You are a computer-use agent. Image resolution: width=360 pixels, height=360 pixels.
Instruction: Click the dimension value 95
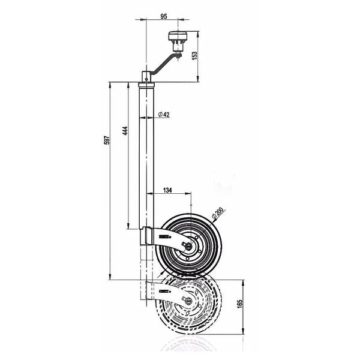coord(164,17)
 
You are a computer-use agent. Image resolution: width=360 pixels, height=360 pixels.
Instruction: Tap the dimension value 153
coord(194,56)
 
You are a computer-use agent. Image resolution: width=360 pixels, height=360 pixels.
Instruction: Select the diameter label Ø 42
coord(164,115)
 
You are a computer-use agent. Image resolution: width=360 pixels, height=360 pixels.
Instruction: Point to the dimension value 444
coord(125,130)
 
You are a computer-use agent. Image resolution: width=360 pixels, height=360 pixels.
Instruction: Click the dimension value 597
coord(107,140)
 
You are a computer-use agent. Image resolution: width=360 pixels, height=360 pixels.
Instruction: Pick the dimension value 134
coord(167,190)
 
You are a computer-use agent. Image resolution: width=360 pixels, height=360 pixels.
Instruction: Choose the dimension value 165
coord(239,304)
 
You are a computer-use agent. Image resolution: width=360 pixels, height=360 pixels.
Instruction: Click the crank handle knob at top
coord(178,36)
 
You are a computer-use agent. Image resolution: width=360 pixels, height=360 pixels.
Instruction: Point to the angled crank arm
coord(165,64)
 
